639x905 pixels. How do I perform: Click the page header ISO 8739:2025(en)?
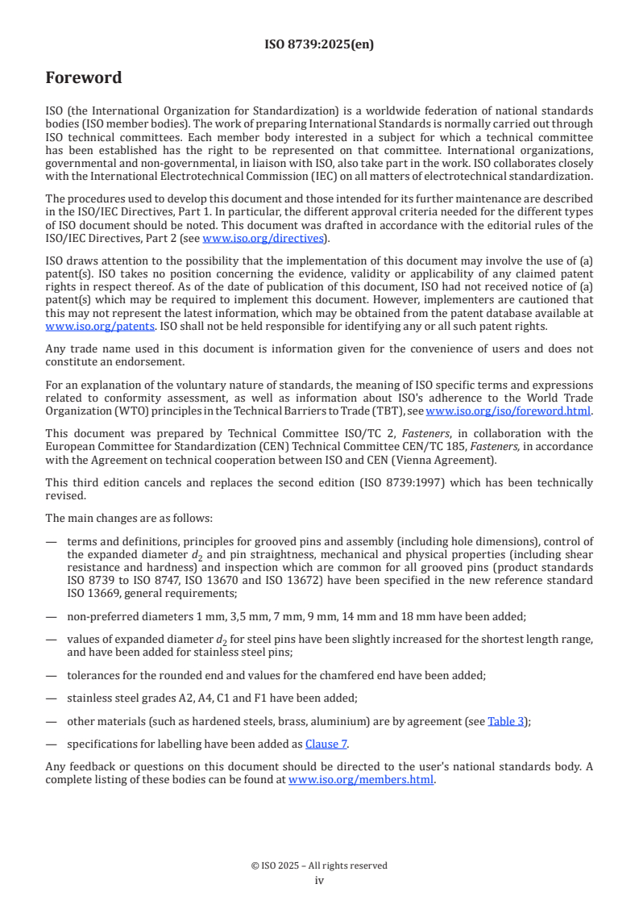[319, 44]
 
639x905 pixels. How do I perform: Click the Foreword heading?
[83, 78]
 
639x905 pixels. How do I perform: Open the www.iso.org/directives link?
[263, 238]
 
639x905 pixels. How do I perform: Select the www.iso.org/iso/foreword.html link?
[508, 411]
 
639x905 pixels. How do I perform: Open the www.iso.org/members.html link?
[361, 780]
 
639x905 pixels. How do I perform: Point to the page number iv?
[319, 880]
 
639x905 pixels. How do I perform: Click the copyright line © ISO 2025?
[319, 865]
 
